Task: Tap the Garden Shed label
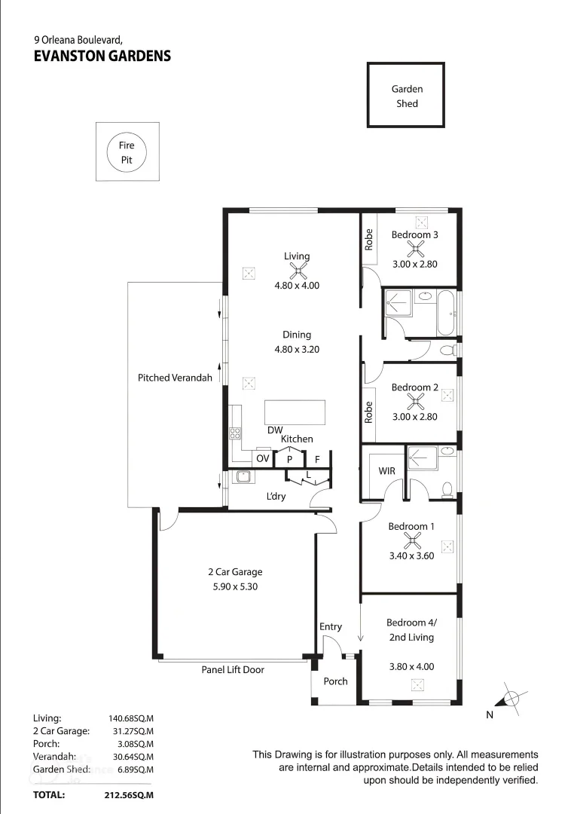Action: pos(407,96)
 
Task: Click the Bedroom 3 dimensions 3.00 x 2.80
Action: pos(414,265)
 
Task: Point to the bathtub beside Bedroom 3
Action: pos(445,312)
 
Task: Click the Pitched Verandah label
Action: pos(175,378)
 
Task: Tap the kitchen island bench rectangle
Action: pos(295,413)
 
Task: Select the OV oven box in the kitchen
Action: pos(262,458)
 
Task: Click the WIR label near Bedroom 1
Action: pos(386,470)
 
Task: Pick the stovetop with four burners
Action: pos(235,433)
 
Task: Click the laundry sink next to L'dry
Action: pos(243,476)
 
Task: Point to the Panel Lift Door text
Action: pos(233,669)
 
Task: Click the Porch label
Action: pos(335,681)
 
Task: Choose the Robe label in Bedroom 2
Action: pos(369,412)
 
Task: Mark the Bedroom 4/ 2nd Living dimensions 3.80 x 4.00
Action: pos(411,666)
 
